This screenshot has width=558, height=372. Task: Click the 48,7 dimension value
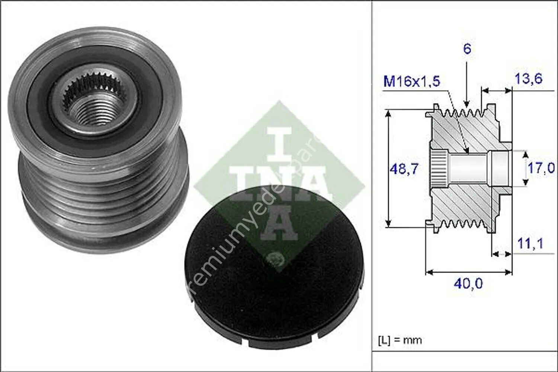[404, 169]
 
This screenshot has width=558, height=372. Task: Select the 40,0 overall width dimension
[468, 284]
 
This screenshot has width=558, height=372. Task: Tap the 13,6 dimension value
[529, 79]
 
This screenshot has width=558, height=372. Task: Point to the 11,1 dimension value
[530, 244]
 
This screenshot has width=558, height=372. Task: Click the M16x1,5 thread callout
[411, 81]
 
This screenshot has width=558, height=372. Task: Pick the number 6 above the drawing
[467, 49]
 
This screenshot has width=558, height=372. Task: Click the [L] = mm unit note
[400, 340]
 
